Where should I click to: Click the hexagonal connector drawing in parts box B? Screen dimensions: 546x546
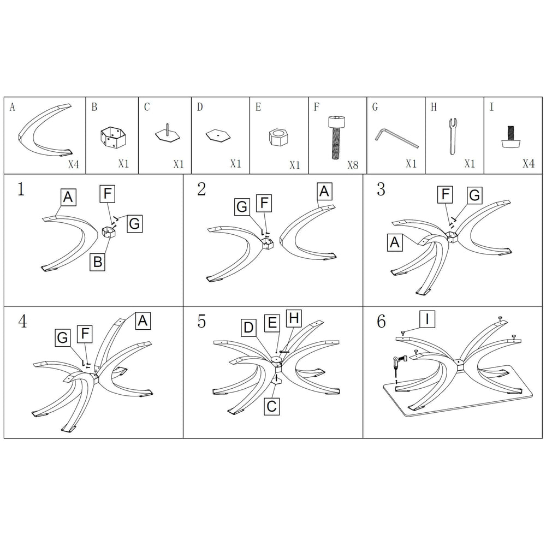[112, 138]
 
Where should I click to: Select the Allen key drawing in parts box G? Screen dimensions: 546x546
[396, 139]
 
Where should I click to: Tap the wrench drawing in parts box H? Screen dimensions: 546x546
[452, 136]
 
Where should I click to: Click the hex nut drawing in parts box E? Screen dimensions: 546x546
[278, 137]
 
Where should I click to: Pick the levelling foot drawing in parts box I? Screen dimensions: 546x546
[509, 137]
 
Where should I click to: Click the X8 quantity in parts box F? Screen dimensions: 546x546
[353, 165]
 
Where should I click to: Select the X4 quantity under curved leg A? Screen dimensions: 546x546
[74, 164]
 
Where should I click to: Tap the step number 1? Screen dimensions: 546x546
[21, 189]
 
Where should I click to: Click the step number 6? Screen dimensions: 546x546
[381, 321]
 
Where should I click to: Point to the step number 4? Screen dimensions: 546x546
[22, 321]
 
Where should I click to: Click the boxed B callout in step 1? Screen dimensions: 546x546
[98, 261]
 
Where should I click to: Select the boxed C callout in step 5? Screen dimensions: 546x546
[271, 406]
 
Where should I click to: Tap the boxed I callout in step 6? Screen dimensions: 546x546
[428, 319]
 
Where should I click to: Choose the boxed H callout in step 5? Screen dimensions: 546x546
[294, 318]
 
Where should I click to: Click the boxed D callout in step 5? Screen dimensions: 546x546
[248, 327]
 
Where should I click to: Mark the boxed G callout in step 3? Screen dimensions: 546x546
[474, 195]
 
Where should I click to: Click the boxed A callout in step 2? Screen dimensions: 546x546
[324, 191]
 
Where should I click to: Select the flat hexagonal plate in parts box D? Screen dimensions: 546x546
[218, 135]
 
